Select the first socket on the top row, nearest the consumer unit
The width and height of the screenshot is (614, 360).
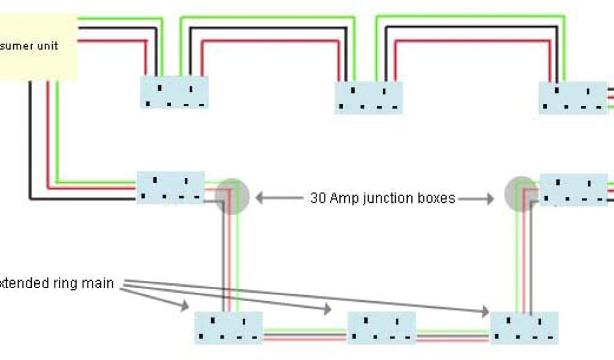coord(174,92)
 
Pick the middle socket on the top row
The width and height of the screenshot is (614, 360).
coord(368,98)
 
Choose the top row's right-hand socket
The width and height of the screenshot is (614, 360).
coord(573,98)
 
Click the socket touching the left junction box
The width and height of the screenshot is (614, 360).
coord(170,188)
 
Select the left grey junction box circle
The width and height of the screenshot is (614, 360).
coord(232,196)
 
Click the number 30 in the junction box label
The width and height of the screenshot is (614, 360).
coord(318,198)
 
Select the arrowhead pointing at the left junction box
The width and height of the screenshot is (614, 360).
coord(259,197)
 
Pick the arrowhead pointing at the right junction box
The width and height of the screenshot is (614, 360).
coord(491,198)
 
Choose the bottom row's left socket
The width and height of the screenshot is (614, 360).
coord(228,327)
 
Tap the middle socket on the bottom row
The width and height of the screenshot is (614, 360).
coord(382,328)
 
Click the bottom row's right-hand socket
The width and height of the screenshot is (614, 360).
coord(524,328)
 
